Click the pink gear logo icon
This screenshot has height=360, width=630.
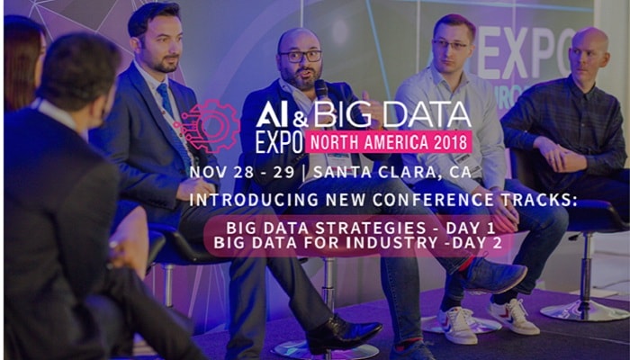point(208,126)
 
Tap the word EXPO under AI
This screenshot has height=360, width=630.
point(279,142)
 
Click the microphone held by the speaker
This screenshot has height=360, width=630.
point(321,91)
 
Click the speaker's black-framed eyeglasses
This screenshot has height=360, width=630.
point(301,56)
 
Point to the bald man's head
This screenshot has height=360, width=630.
point(589,52)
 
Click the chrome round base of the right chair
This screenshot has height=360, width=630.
point(583,311)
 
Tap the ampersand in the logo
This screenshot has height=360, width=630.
point(301,119)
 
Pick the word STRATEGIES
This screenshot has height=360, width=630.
point(370,228)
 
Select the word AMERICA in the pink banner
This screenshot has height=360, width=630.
point(394,142)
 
